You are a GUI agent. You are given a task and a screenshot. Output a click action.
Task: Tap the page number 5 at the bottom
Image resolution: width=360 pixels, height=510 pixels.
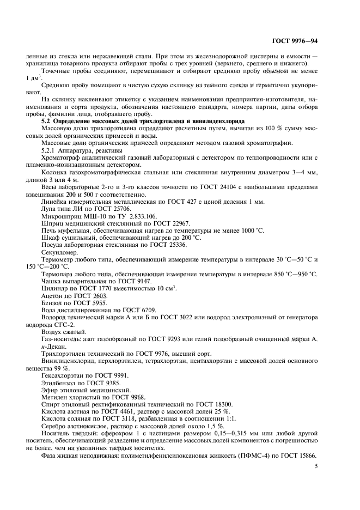pyautogui.click(x=316, y=466)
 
